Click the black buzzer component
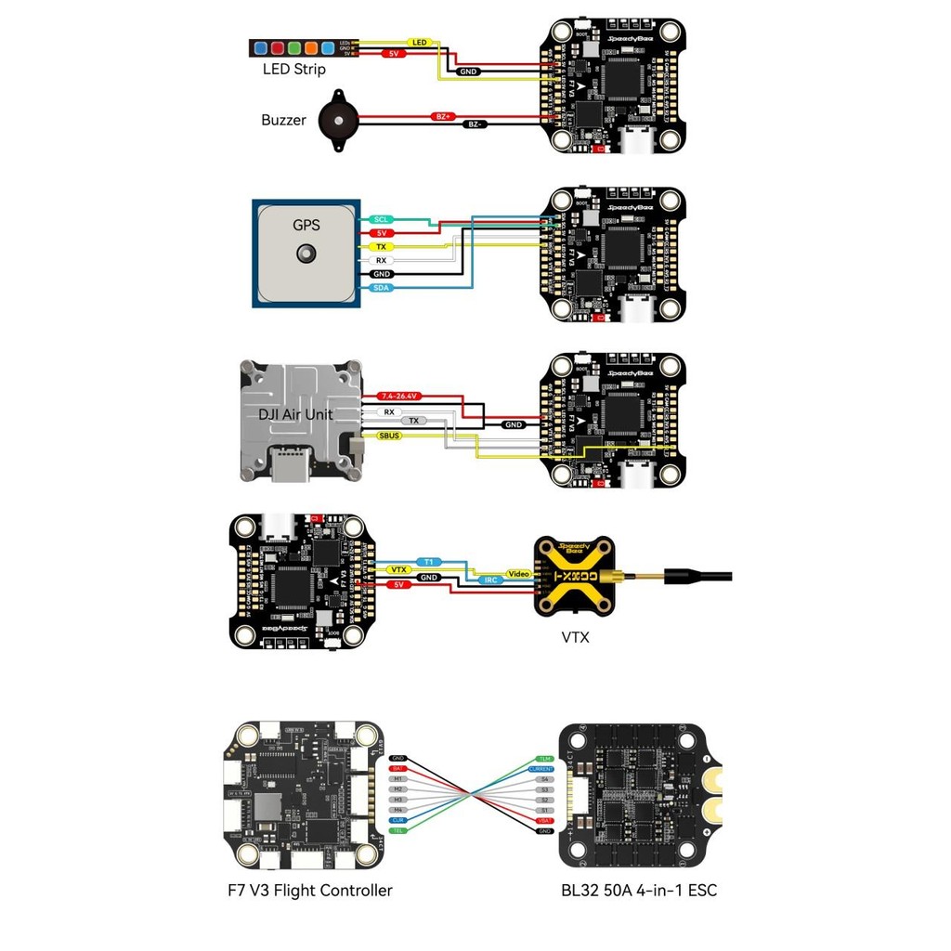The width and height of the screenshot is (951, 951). click(336, 118)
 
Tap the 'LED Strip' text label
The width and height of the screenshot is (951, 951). click(293, 70)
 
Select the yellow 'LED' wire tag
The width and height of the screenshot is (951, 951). click(419, 43)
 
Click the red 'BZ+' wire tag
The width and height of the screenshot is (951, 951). click(442, 117)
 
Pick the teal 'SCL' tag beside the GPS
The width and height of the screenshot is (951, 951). click(381, 219)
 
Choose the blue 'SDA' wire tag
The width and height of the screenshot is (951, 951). click(381, 289)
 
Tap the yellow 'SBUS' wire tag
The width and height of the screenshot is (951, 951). click(390, 435)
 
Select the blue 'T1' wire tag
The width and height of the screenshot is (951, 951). click(428, 562)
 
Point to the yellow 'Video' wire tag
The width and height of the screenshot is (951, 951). click(517, 574)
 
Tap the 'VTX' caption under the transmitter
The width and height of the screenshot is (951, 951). click(576, 637)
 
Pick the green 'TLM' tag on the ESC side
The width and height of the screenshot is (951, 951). click(544, 759)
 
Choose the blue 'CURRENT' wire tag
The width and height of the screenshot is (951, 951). click(541, 769)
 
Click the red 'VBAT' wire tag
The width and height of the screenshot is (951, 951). click(543, 820)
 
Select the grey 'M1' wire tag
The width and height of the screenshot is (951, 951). click(398, 778)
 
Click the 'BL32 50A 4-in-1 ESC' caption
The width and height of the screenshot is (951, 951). click(639, 891)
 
